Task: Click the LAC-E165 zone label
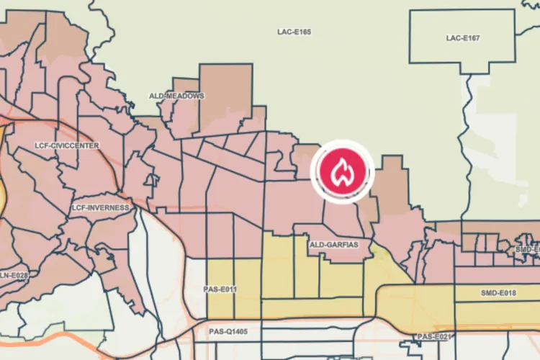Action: click(294, 32)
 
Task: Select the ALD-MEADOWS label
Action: click(176, 96)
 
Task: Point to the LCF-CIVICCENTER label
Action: click(67, 145)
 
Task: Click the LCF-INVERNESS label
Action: click(100, 208)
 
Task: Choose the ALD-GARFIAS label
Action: click(333, 246)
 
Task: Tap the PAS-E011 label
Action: click(220, 290)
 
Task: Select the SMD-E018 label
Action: click(498, 294)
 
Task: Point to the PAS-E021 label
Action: click(433, 337)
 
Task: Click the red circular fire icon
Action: click(341, 171)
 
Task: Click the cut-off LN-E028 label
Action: click(14, 276)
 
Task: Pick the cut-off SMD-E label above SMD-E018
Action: click(527, 250)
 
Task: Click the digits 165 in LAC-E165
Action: click(303, 32)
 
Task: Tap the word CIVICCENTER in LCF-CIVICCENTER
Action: click(75, 145)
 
